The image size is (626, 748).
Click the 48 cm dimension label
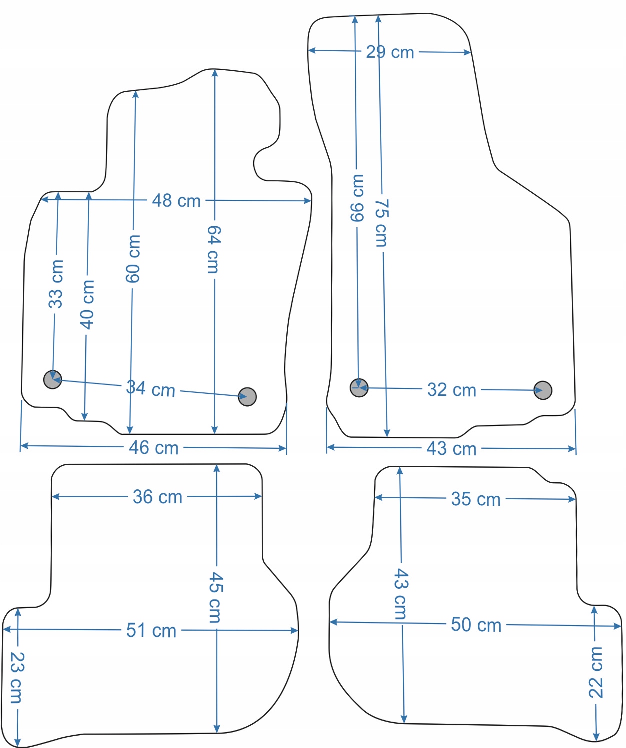coord(176,200)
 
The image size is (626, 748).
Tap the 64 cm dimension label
coord(214,249)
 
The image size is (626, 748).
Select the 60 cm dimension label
coord(133,259)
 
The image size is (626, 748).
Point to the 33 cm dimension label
coord(56,284)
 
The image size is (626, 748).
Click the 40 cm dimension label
coord(87,304)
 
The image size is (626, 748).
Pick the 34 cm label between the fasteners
coord(151,388)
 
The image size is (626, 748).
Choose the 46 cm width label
coord(154,447)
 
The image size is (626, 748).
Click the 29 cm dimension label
coord(390,52)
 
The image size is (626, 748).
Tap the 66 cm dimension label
coord(357,198)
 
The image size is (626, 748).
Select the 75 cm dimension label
coord(381,223)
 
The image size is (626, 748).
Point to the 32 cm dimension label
coord(452,390)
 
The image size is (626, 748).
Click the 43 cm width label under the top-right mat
coord(451,448)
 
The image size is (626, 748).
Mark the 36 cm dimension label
coord(158,497)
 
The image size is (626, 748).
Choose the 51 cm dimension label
coord(151,630)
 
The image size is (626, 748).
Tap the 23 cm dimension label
coord(16,677)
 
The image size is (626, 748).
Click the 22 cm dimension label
coord(595,672)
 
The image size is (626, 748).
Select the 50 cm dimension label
coord(476,624)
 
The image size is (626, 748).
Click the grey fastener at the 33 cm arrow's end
coord(52,379)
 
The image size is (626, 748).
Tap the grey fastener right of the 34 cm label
coord(247,397)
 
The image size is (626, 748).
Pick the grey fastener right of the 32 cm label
coord(543,390)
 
